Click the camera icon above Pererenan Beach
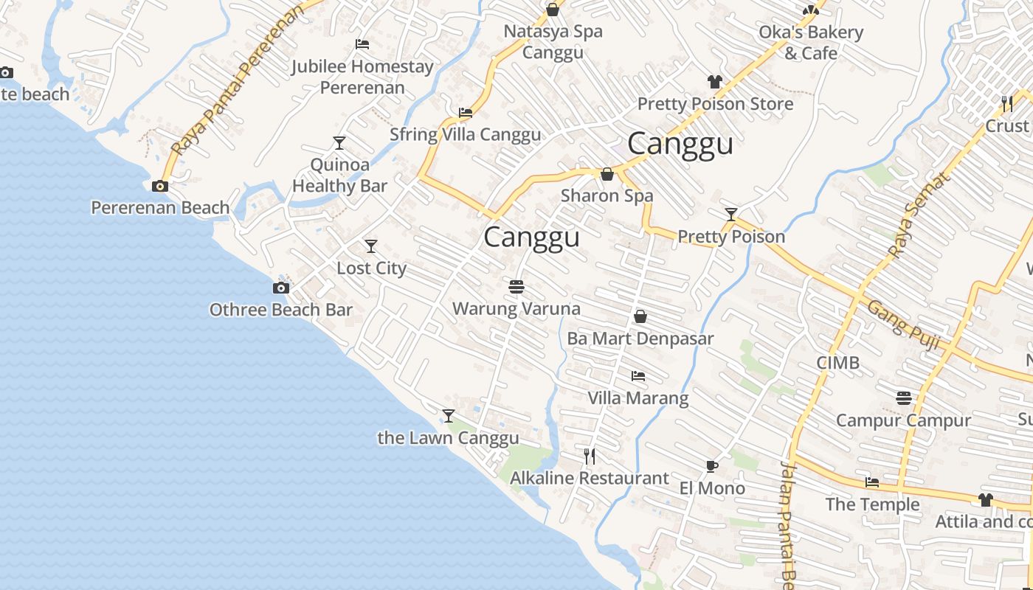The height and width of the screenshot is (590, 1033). (x=159, y=187)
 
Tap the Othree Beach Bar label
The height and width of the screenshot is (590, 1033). (x=281, y=310)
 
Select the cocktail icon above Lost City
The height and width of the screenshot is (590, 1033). (x=371, y=246)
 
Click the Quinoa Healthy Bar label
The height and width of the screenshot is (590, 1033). (x=339, y=175)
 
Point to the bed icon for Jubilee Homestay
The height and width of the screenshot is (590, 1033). (x=362, y=44)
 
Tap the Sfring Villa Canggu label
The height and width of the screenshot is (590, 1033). (x=465, y=134)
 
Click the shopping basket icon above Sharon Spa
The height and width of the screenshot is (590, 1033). (x=607, y=175)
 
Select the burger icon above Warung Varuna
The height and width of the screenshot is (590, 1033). (x=516, y=286)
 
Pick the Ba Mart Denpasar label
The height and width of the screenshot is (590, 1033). (x=640, y=339)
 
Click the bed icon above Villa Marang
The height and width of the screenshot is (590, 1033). (x=638, y=376)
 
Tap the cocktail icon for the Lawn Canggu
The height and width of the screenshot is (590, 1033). (x=448, y=416)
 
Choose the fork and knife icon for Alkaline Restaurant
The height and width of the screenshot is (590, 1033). (x=590, y=457)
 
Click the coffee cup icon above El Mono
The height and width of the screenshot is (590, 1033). (x=711, y=466)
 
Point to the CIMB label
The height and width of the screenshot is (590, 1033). (x=837, y=363)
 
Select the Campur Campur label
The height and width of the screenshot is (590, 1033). (x=903, y=420)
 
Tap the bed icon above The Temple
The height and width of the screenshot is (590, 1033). (x=872, y=483)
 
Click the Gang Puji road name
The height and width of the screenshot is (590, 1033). (x=902, y=322)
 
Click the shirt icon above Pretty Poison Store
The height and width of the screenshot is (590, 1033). (x=714, y=82)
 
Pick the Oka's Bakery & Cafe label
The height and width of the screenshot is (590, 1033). (x=810, y=43)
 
